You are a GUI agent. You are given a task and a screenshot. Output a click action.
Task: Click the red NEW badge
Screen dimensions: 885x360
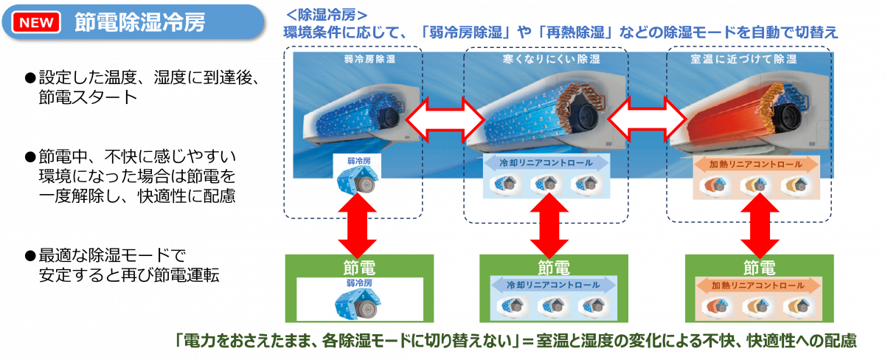36,22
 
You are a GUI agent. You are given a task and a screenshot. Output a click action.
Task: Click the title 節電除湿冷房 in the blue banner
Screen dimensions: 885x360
140,22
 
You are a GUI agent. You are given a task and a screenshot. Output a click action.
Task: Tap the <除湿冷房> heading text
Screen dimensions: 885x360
326,15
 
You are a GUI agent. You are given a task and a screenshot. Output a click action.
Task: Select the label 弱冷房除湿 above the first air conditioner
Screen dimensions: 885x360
369,59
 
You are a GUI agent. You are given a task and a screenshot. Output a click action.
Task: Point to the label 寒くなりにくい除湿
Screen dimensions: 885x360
551,59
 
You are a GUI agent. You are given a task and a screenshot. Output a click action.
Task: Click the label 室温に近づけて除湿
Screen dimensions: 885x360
743,59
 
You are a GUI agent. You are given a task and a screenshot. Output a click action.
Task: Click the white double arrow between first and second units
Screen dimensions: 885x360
445,120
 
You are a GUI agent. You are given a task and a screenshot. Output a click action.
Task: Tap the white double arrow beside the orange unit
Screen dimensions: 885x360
647,119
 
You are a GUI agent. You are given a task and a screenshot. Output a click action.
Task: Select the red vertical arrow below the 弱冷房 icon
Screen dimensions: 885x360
357,225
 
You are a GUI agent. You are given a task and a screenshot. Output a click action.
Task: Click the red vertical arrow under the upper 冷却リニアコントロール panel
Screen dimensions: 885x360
549,226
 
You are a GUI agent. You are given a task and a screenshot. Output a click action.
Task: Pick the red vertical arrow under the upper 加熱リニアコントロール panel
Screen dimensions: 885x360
760,226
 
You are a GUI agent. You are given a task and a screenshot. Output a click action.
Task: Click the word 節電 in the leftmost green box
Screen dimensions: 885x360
359,268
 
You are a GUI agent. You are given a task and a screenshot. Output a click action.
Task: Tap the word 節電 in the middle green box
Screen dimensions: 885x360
554,268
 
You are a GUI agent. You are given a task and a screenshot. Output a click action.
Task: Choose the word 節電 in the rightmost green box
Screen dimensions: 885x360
759,268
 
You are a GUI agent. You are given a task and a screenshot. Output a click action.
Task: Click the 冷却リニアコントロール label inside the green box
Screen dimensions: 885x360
553,285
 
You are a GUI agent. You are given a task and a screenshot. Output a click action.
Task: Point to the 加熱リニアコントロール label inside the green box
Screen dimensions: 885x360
758,285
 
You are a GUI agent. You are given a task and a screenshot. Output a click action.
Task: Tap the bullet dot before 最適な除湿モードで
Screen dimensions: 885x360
30,256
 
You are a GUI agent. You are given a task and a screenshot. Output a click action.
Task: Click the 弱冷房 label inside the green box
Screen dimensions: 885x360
359,283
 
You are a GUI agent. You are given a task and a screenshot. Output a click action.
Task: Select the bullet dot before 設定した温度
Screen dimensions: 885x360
30,78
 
